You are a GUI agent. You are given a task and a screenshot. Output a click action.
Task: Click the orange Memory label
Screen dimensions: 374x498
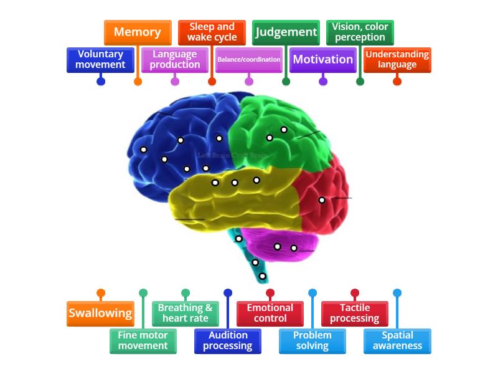coord(138,32)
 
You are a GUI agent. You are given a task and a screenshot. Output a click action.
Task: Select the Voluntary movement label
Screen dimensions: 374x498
coord(101,60)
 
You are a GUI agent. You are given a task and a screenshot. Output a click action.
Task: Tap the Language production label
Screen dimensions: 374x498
coord(175,60)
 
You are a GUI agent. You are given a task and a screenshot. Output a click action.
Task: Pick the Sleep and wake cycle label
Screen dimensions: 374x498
coord(212,32)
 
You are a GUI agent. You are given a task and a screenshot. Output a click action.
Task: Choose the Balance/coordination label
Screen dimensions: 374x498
coord(249,60)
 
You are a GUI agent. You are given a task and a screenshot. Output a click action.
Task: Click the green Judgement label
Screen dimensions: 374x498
coord(286,32)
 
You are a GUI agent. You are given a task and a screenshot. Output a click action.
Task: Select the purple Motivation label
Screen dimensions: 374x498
coord(322,60)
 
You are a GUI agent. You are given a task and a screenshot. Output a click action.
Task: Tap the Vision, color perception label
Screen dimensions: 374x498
coord(360,32)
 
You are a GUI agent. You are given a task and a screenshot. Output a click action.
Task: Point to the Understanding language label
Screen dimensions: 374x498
coord(397,60)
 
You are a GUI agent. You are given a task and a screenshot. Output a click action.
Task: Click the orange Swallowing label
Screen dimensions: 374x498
coord(101,314)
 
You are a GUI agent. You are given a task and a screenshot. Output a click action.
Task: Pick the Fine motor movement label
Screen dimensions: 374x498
coord(143,340)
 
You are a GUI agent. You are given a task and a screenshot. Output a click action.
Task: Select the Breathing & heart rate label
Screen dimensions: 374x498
coord(186,314)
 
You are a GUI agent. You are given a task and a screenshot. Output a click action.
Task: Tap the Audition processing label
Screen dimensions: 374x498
coord(228,340)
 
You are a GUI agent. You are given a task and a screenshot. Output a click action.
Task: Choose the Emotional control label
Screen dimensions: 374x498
coord(270,314)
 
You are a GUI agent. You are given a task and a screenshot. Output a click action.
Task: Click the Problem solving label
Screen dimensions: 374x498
coord(312,340)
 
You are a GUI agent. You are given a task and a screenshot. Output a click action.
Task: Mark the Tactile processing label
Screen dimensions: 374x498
coord(355,314)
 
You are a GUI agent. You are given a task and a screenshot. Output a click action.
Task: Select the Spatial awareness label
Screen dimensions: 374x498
coord(397,340)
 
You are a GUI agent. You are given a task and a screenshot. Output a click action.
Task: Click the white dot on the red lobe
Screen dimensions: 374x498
coord(322,200)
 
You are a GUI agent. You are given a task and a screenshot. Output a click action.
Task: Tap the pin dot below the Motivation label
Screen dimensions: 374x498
coord(322,81)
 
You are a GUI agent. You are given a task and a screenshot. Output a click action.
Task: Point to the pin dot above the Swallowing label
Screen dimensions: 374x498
coord(101,293)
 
